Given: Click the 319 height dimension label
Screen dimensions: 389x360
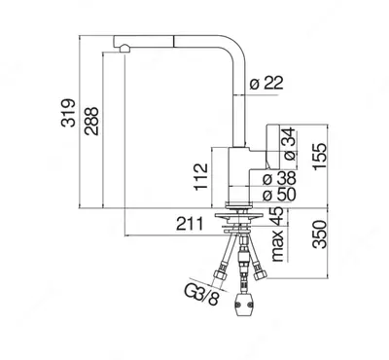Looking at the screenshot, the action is click(69, 112).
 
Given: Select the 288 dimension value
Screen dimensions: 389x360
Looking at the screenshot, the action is click(91, 121).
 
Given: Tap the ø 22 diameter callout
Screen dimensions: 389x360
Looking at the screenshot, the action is click(266, 83).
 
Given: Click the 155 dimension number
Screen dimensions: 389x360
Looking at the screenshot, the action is click(320, 156).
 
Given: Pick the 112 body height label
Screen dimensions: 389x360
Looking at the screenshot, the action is click(200, 177).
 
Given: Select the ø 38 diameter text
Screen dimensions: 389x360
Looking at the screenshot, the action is click(279, 178).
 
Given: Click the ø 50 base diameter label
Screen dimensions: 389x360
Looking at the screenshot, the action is click(279, 195).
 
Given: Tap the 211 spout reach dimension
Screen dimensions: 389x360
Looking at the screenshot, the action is click(190, 224).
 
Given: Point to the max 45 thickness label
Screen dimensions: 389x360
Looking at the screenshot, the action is click(277, 234).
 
